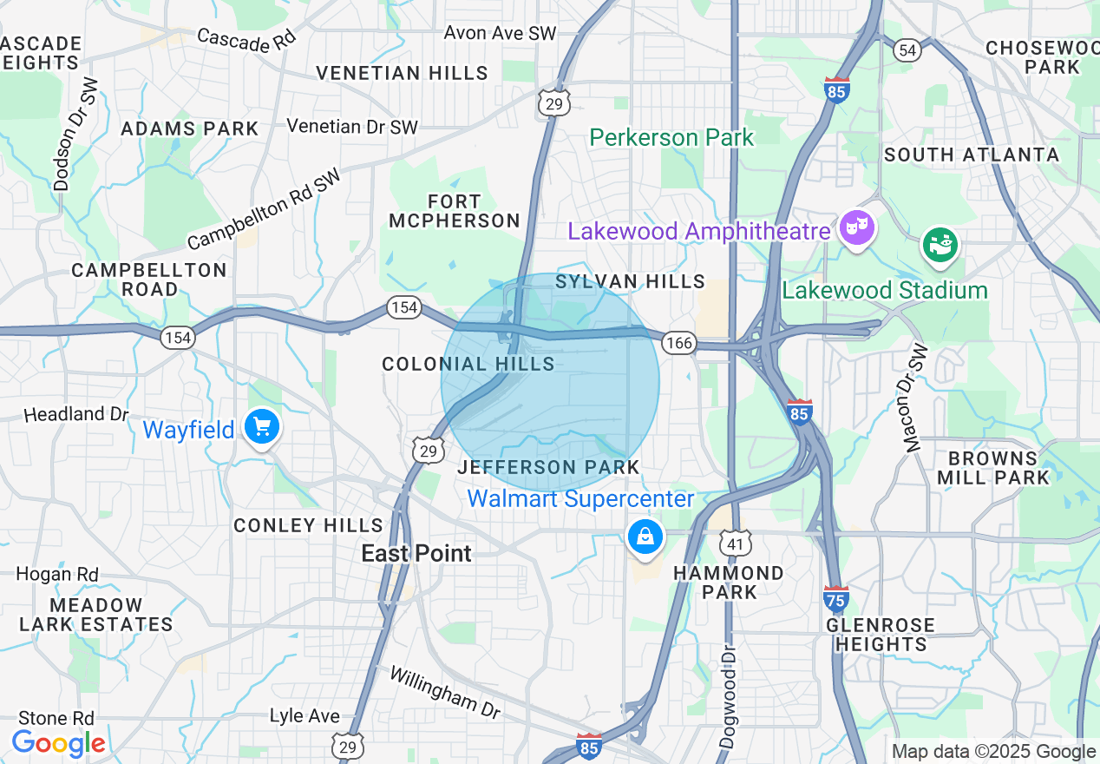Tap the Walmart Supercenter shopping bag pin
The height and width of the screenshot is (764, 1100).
(x=645, y=536)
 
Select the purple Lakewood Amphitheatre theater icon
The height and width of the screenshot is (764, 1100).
(x=857, y=228)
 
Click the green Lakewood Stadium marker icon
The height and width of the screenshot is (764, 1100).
(x=940, y=244)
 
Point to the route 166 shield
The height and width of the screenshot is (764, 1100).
(x=678, y=343)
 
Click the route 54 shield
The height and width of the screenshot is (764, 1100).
(x=907, y=50)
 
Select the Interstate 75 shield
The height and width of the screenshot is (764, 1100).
(x=836, y=597)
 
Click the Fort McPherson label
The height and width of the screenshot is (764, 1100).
(x=455, y=211)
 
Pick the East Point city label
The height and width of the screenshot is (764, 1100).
(x=416, y=554)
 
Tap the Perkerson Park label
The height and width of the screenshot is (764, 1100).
(x=671, y=137)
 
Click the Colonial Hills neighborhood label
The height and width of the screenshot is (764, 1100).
(x=468, y=364)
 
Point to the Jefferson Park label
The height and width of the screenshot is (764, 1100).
(x=548, y=467)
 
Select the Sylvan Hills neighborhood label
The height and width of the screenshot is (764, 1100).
(x=631, y=281)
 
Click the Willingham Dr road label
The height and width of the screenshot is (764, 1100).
(x=444, y=691)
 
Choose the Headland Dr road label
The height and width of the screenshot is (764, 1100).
(x=76, y=414)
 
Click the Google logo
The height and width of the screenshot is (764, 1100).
(x=58, y=743)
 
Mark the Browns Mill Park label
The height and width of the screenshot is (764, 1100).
(x=992, y=468)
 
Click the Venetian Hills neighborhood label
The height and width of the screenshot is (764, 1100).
(x=402, y=73)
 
